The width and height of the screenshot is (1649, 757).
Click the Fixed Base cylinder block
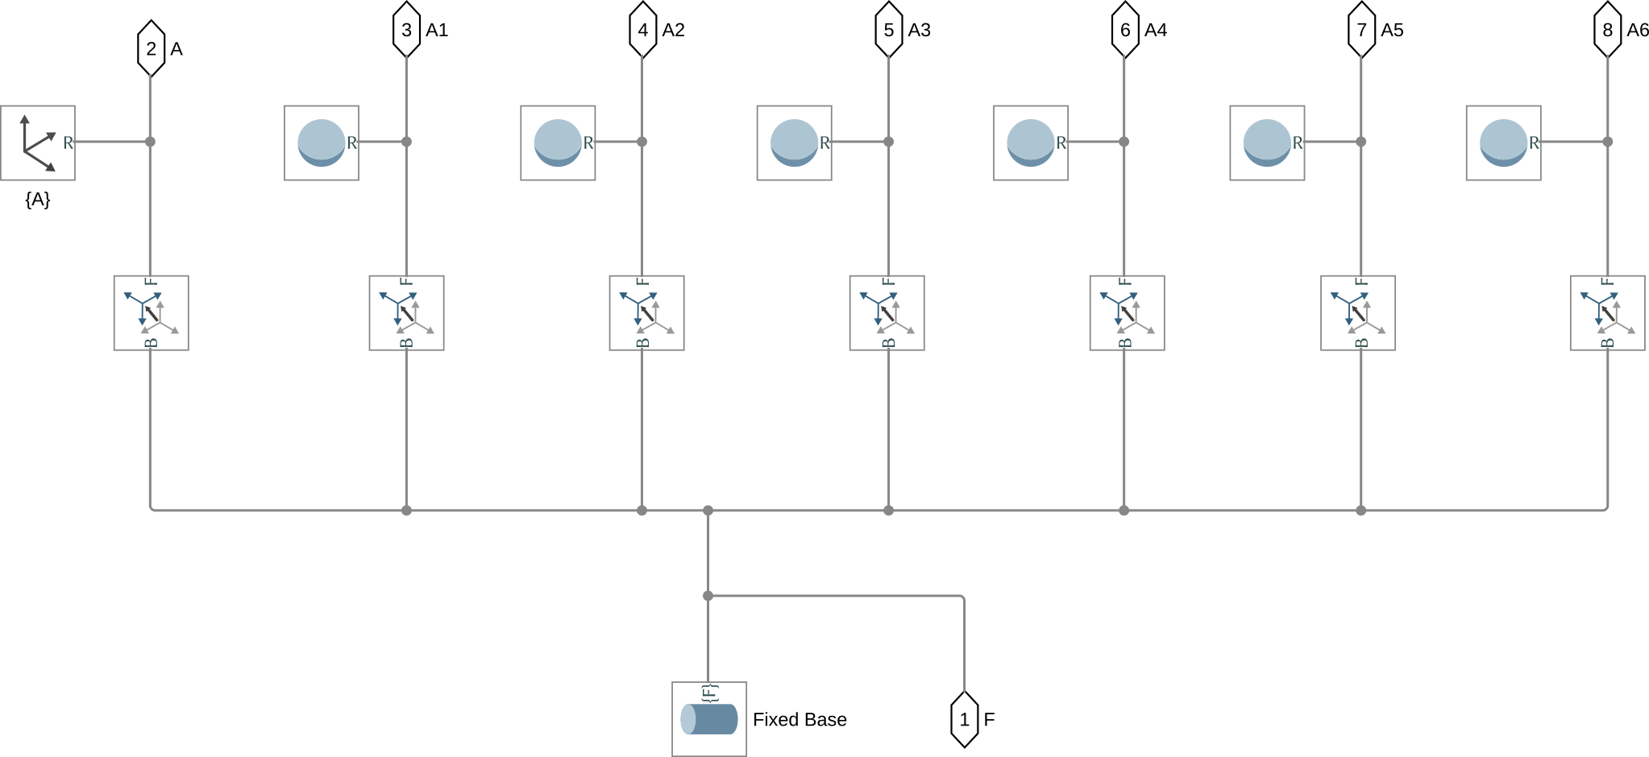click(709, 718)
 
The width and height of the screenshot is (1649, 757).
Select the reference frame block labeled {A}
click(38, 143)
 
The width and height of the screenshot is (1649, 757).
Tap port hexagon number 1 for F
click(964, 719)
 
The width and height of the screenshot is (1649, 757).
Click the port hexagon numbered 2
click(151, 49)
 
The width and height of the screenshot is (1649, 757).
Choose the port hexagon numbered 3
click(406, 30)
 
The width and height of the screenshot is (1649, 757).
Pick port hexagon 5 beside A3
click(888, 30)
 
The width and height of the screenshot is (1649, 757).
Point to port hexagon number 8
click(1607, 30)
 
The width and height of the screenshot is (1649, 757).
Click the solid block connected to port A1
click(322, 143)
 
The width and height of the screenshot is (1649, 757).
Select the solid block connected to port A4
click(1031, 143)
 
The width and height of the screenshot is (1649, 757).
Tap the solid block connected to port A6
click(1503, 143)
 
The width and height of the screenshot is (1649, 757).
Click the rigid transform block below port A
click(151, 312)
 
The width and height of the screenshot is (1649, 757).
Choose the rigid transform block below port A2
click(646, 312)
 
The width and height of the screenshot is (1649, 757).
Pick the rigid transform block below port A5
click(1358, 312)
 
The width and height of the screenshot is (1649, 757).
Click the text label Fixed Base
click(800, 719)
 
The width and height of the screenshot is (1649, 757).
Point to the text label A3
click(919, 30)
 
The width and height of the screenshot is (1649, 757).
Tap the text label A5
click(1392, 30)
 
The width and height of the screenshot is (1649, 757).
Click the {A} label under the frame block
click(38, 200)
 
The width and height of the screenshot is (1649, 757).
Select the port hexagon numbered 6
click(1125, 30)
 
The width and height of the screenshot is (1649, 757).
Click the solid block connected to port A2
click(558, 143)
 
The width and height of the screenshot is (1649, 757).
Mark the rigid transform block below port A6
click(1607, 312)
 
